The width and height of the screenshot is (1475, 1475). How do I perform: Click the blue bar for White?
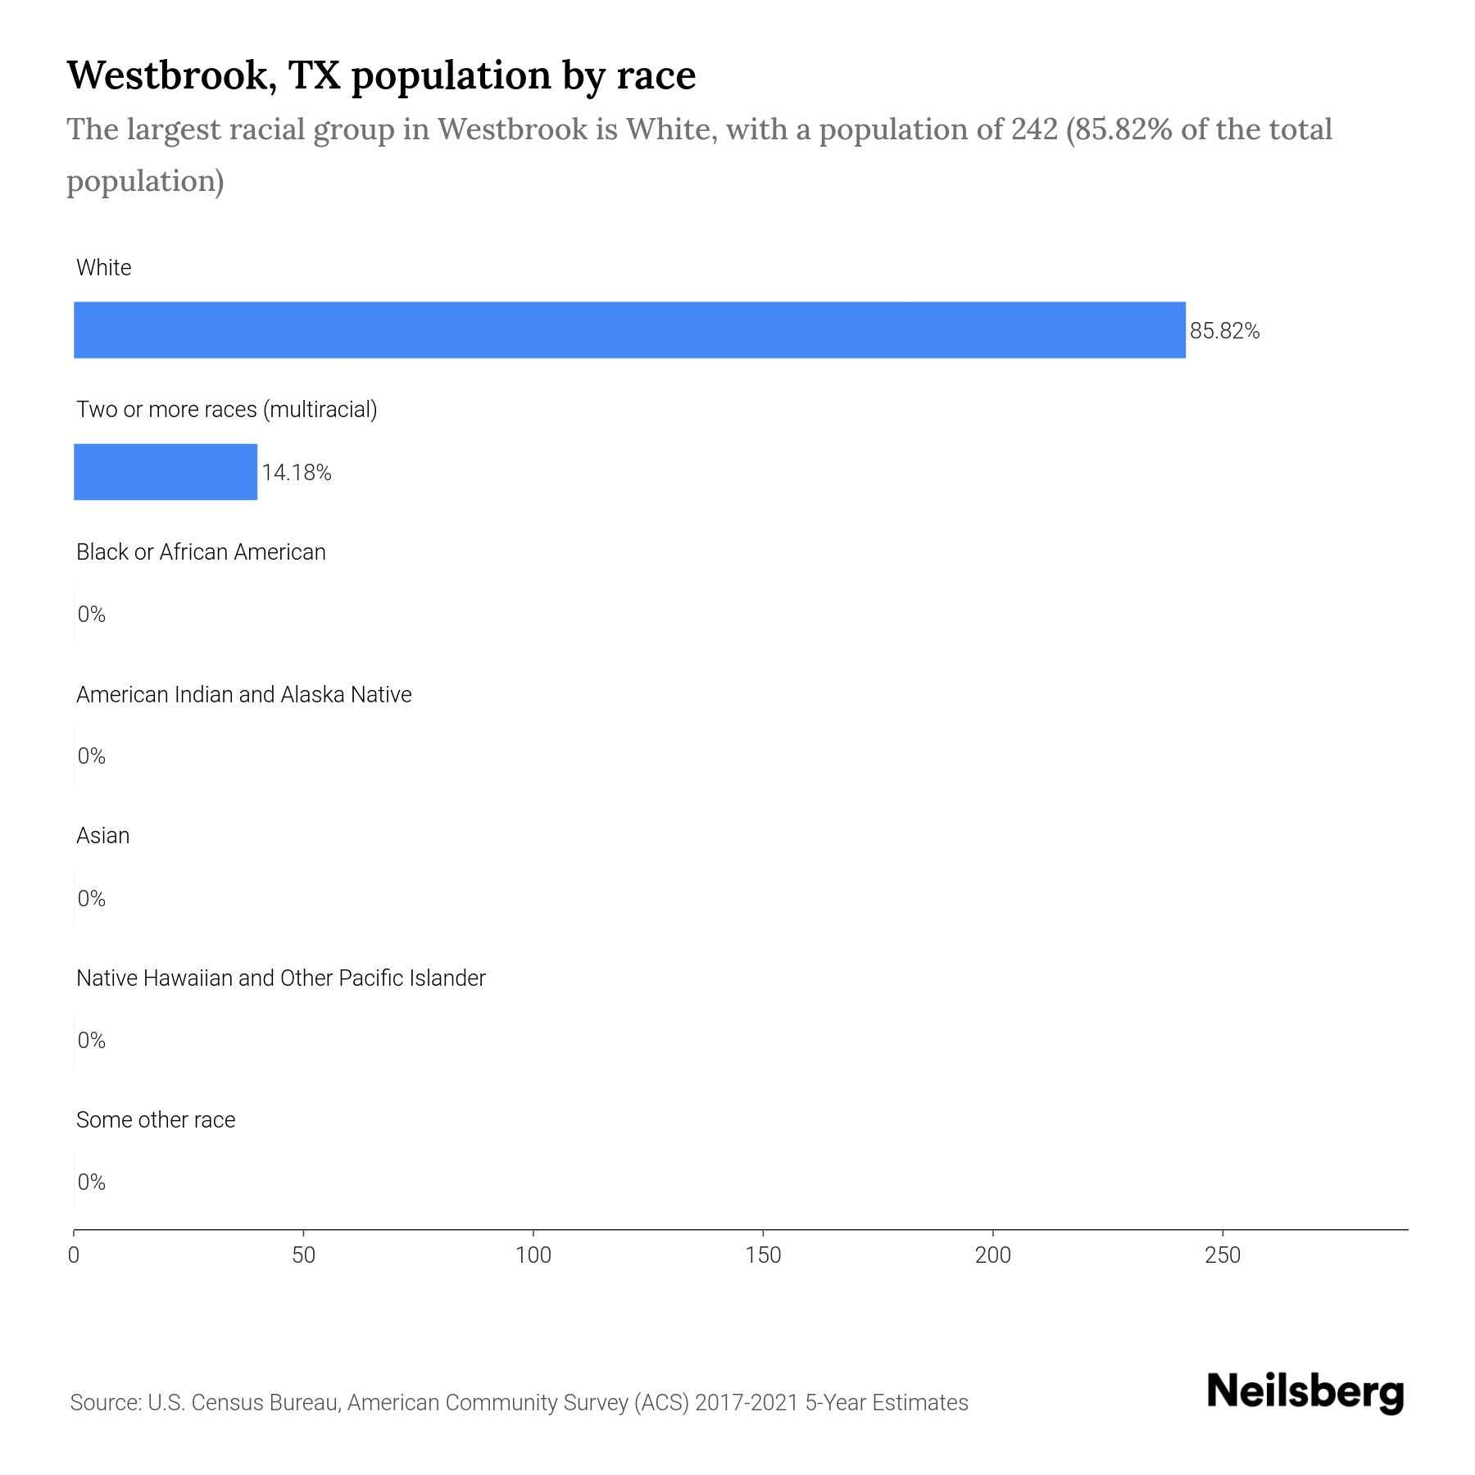pyautogui.click(x=629, y=329)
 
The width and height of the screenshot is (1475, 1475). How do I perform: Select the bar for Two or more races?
pyautogui.click(x=166, y=472)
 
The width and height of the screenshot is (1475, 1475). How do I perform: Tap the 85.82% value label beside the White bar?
pyautogui.click(x=1224, y=331)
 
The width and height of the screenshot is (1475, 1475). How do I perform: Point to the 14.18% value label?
pyautogui.click(x=297, y=473)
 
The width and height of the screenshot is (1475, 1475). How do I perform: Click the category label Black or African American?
pyautogui.click(x=201, y=552)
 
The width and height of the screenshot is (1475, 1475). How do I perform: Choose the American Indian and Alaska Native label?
pyautogui.click(x=243, y=695)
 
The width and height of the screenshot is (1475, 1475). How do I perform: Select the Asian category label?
pyautogui.click(x=102, y=836)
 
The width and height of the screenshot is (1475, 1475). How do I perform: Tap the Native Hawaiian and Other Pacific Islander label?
pyautogui.click(x=280, y=978)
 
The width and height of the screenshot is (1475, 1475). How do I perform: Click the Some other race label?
pyautogui.click(x=156, y=1120)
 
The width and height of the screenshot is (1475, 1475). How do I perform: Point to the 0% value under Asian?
pyautogui.click(x=92, y=899)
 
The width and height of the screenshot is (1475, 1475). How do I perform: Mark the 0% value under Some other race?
pyautogui.click(x=92, y=1182)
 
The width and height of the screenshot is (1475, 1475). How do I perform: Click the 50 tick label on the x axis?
pyautogui.click(x=304, y=1255)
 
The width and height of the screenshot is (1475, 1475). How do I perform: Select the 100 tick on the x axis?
pyautogui.click(x=533, y=1255)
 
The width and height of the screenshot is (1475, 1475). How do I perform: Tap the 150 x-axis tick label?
pyautogui.click(x=764, y=1255)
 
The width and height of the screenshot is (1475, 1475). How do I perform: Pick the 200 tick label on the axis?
pyautogui.click(x=993, y=1255)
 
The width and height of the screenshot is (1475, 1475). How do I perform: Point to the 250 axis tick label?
pyautogui.click(x=1223, y=1255)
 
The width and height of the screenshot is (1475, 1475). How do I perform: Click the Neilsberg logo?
pyautogui.click(x=1305, y=1392)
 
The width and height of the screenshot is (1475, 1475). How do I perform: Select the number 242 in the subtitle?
pyautogui.click(x=1034, y=129)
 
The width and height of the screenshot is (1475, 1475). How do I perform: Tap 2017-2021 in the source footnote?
pyautogui.click(x=746, y=1403)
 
